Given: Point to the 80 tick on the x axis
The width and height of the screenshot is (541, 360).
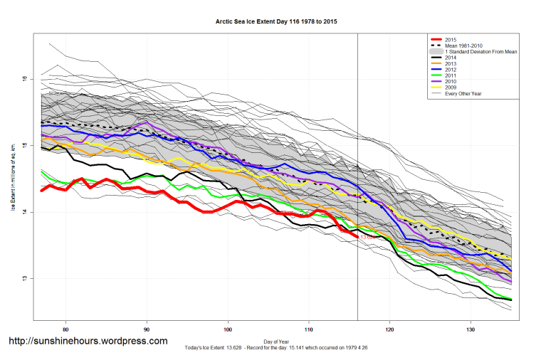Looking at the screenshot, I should click(x=66, y=329).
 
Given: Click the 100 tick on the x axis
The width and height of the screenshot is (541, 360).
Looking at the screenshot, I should click(x=228, y=329).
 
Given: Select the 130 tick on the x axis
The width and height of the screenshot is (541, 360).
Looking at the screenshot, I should click(x=471, y=329).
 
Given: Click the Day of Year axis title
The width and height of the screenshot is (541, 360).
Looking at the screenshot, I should click(x=276, y=340).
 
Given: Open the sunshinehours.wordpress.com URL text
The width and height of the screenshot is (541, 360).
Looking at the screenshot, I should click(x=88, y=341).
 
